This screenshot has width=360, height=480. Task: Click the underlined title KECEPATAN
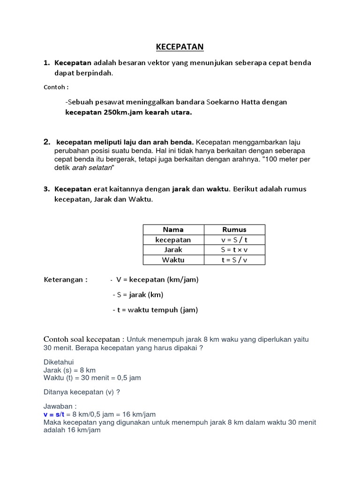[180, 47]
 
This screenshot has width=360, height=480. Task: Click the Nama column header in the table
[173, 230]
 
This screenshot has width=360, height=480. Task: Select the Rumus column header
[234, 230]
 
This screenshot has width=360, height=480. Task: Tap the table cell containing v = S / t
[234, 240]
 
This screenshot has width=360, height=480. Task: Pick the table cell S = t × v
[234, 249]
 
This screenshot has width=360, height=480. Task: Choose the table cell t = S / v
[234, 260]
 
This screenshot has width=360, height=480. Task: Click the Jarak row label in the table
[173, 249]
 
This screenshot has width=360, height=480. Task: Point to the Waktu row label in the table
[173, 260]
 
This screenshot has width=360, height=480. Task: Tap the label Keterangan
[66, 280]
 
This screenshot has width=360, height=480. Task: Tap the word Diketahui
[59, 362]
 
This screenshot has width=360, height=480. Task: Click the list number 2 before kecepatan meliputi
[47, 142]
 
